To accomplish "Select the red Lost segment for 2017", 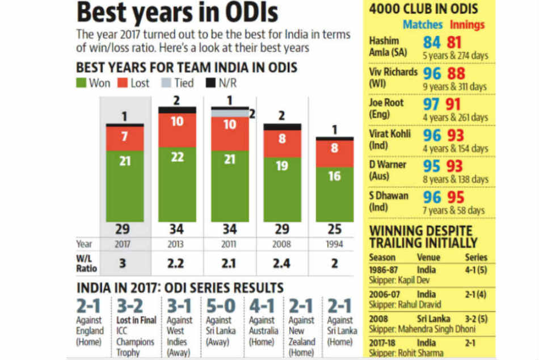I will [124, 139].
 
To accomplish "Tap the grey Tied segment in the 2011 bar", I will [230, 113].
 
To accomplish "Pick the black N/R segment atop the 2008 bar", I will [282, 127].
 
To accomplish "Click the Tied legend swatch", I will [165, 83].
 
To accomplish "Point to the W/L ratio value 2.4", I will [282, 263].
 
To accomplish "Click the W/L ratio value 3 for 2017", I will [124, 263].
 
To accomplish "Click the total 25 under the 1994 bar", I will [335, 229].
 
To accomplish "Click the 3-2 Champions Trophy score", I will [130, 307].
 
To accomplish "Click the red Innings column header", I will [467, 24].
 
